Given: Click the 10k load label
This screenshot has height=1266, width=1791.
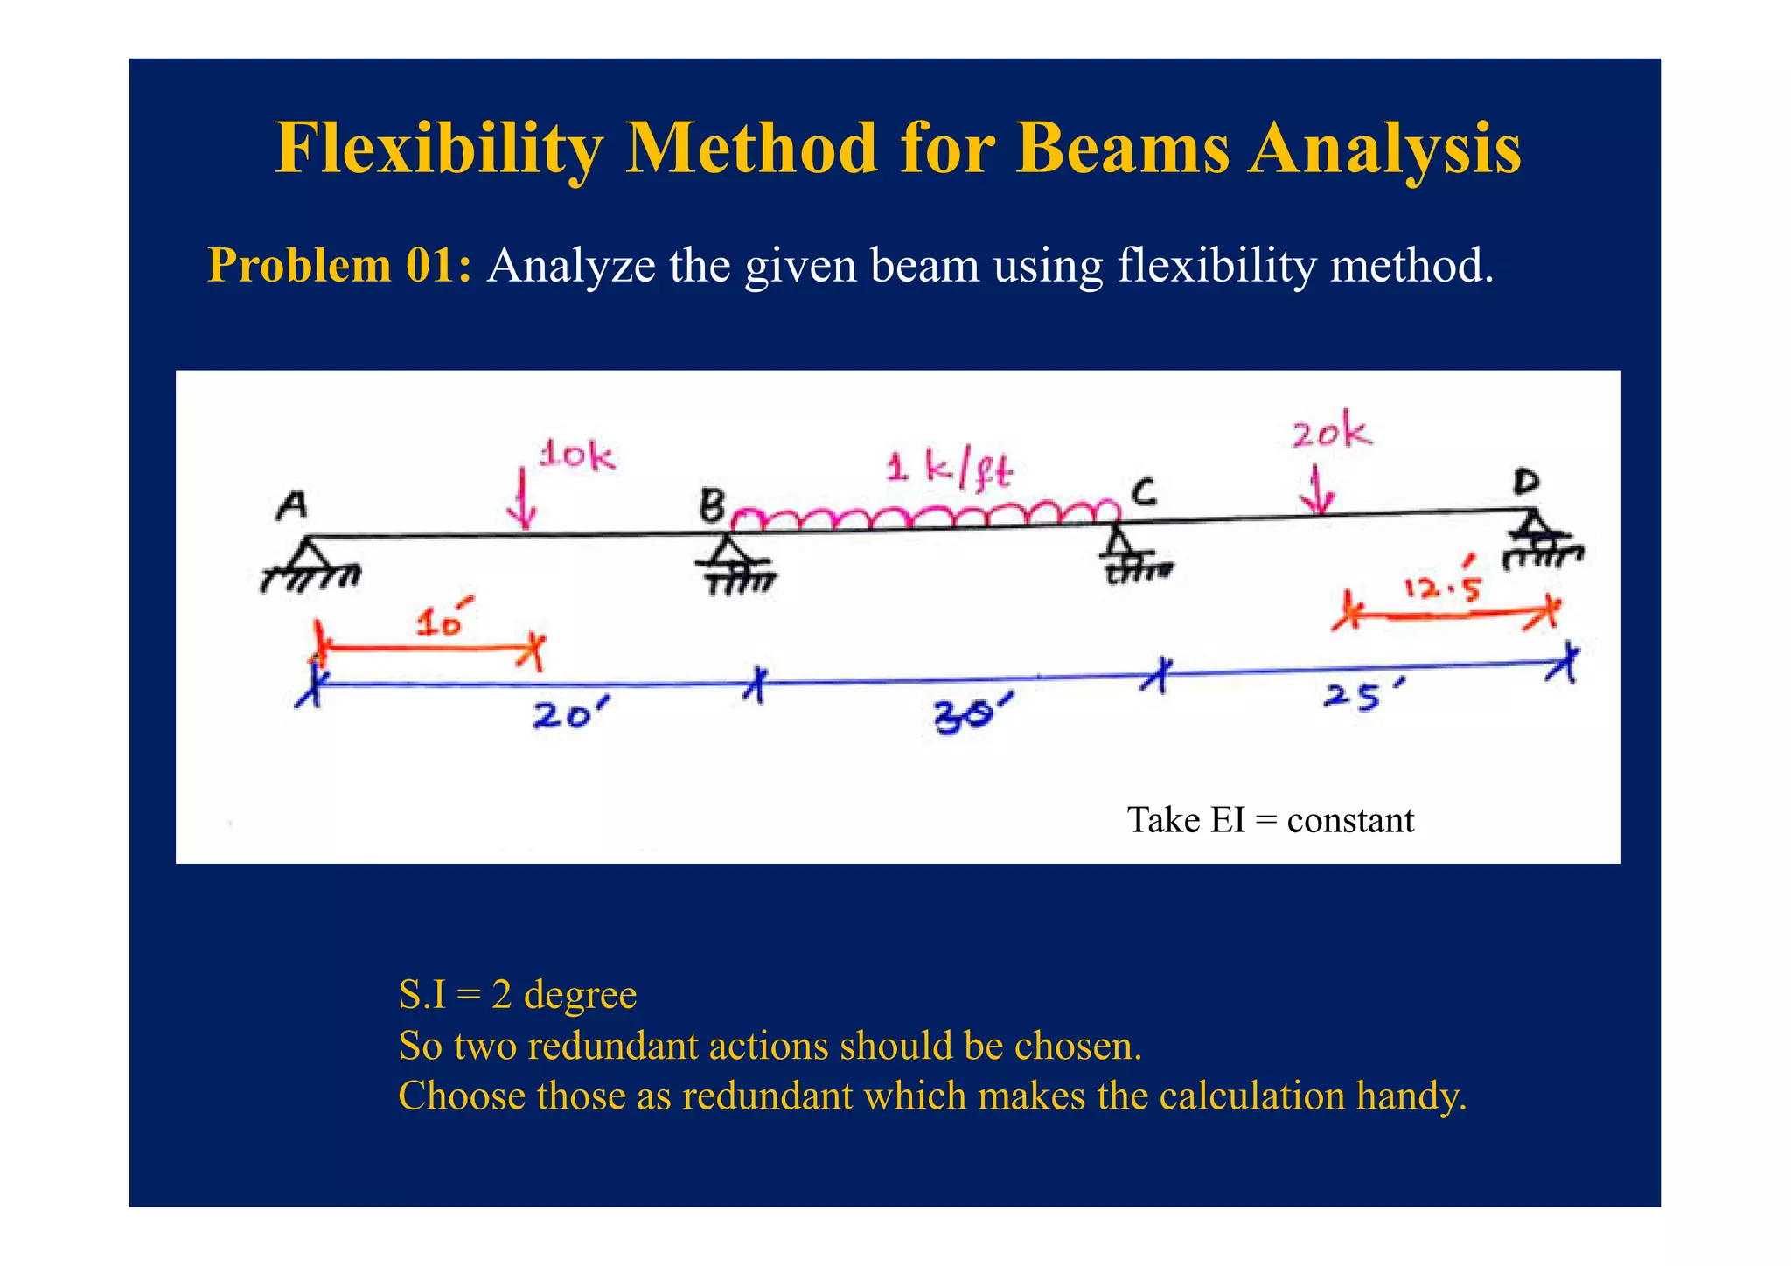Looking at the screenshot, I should click(576, 456).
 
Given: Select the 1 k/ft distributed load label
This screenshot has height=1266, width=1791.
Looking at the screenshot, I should click(949, 470).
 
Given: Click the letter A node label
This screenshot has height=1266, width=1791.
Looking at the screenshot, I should click(292, 505).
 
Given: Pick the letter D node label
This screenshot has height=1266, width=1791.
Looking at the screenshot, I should click(1527, 482).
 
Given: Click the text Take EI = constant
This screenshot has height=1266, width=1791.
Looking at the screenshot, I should click(1270, 820).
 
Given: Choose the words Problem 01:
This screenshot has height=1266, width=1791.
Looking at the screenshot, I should click(339, 265).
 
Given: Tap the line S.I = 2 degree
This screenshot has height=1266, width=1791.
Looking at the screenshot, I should click(517, 995).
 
